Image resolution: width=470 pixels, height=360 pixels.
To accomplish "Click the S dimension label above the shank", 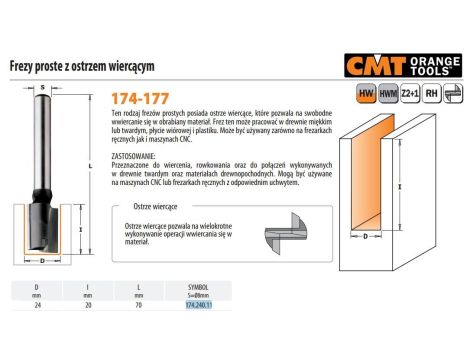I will coord(44,88).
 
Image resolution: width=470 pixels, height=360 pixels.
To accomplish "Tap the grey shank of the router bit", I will coord(44,140).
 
